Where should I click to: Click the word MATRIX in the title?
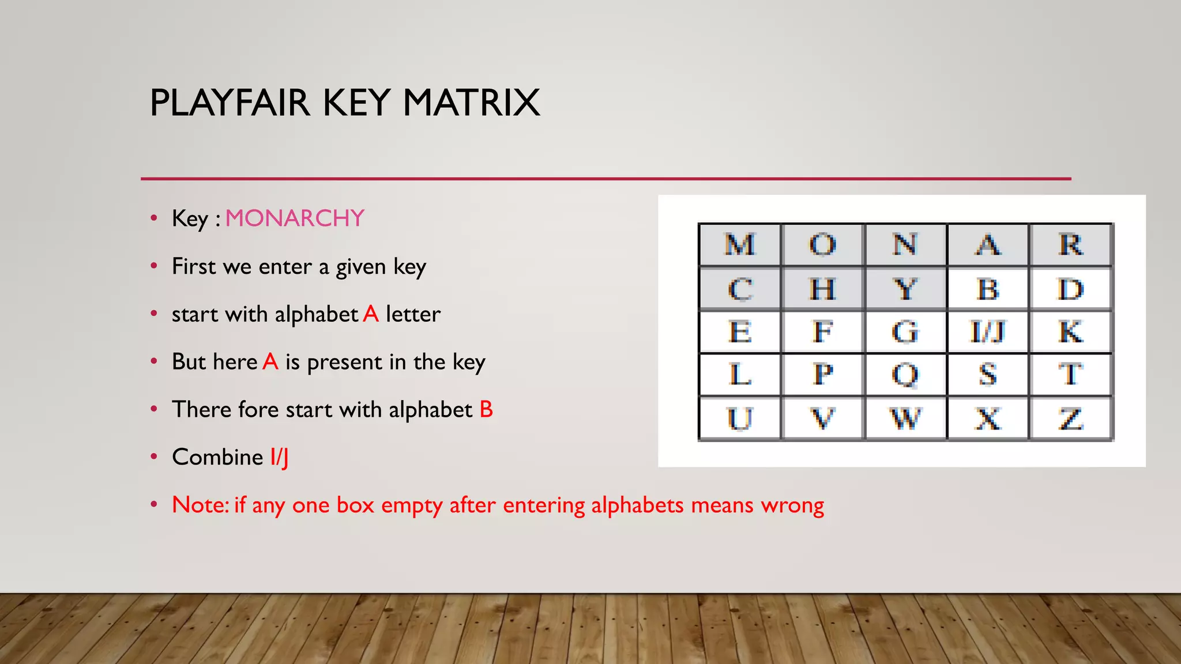coord(471,103)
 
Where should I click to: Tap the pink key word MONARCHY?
coord(295,218)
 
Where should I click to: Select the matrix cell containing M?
coord(740,245)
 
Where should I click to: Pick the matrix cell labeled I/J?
coord(988,332)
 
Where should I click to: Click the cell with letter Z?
coord(1071,418)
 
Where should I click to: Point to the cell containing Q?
coord(905,375)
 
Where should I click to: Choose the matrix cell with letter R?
coord(1071,245)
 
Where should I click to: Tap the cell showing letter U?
coord(740,418)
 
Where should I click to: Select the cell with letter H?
coord(822,289)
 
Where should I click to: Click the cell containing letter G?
coord(905,332)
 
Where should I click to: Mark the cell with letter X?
coord(988,418)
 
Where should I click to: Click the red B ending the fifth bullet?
coord(486,410)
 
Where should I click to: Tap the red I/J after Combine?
coord(279,458)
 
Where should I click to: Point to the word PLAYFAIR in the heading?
coord(230,103)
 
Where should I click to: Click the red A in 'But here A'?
coord(270,362)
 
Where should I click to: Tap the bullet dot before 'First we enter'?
coord(153,266)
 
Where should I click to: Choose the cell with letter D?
coord(1071,289)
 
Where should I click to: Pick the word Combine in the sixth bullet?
coord(217,457)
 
